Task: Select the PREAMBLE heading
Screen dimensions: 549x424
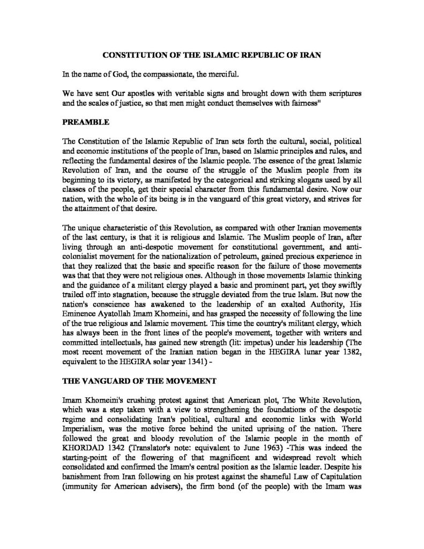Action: click(x=86, y=122)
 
